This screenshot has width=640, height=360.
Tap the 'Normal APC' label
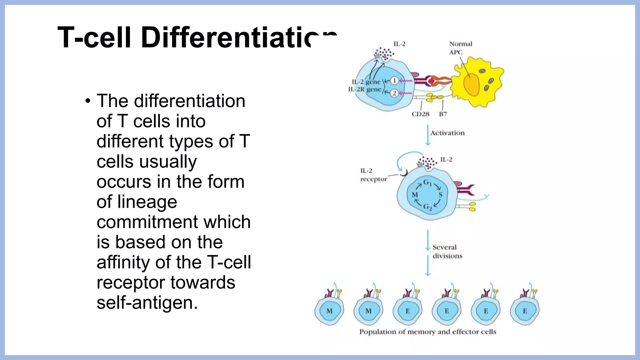460,48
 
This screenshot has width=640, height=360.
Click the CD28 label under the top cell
420,114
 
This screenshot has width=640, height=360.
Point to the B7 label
443,114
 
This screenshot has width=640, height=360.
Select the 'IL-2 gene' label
366,82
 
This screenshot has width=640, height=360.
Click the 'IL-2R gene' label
365,89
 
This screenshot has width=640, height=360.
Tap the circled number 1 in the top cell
394,81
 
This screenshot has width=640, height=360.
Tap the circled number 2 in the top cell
394,93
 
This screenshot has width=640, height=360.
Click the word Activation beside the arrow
447,133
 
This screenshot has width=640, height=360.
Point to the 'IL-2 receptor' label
373,175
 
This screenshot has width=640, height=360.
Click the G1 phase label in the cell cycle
427,182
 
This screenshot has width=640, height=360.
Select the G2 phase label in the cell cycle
427,207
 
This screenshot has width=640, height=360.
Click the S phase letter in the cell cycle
440,195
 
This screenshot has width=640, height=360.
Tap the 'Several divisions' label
447,251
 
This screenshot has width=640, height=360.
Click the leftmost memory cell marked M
329,311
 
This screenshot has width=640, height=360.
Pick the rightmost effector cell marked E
525,311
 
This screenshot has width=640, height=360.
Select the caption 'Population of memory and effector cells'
427,332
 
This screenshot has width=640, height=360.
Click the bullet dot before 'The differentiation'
88,101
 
